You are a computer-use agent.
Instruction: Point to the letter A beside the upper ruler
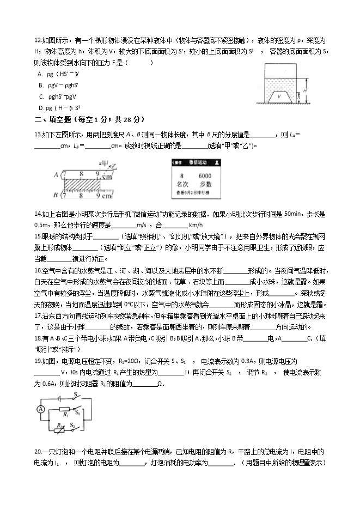click(x=56, y=175)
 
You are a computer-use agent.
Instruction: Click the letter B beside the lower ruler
click(x=56, y=195)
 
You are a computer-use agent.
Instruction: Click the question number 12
click(x=38, y=41)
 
